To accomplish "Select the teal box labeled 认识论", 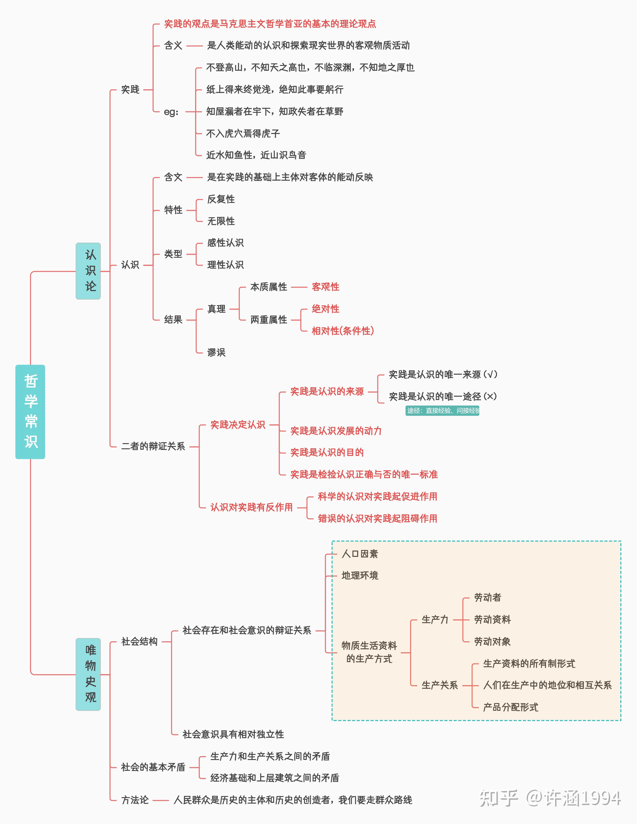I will (x=88, y=271).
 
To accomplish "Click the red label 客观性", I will (x=325, y=287).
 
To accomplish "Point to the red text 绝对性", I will (x=325, y=309).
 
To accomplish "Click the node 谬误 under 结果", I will (x=216, y=352).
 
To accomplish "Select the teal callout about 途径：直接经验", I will (x=442, y=410).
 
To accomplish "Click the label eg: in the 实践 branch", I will (x=171, y=112).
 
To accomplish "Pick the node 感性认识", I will (x=225, y=243).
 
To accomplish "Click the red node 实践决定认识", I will (x=238, y=424).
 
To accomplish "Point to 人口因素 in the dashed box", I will (x=360, y=553).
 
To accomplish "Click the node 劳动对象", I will (x=492, y=641).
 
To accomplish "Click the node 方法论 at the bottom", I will (x=135, y=800).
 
